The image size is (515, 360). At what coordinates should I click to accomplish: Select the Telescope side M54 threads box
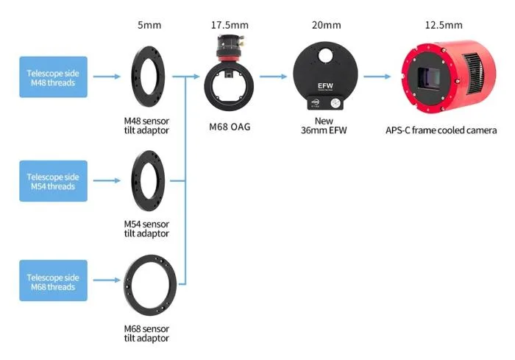[x=53, y=181]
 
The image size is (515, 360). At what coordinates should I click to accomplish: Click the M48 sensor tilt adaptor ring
[x=146, y=76]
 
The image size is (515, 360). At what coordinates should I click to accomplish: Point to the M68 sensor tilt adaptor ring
[x=150, y=282]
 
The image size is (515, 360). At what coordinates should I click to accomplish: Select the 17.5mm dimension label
[x=230, y=25]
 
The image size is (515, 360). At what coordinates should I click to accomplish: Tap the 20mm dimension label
[x=326, y=25]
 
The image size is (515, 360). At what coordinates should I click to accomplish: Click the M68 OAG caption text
[x=230, y=127]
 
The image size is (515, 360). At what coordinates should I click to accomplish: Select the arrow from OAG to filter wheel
[x=274, y=76]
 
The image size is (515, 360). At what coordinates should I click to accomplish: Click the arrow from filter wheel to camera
[x=377, y=76]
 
